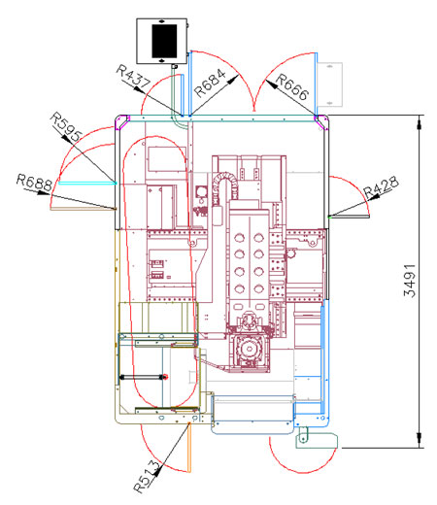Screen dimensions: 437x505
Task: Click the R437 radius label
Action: [133, 76]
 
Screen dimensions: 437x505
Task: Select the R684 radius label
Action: [210, 83]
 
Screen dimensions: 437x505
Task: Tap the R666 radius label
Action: [292, 87]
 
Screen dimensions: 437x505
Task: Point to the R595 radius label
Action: [66, 126]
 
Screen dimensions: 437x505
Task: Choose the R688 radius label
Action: [34, 183]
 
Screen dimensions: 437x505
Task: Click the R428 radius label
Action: [381, 187]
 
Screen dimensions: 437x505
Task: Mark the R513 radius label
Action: [147, 478]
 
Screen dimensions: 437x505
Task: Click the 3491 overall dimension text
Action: [409, 281]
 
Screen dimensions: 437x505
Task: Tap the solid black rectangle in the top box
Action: [164, 41]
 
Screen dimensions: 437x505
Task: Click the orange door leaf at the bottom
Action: [189, 447]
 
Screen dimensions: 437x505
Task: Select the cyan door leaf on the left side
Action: [87, 184]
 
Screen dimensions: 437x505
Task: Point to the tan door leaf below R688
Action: [83, 209]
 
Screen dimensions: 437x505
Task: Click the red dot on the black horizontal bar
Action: [165, 377]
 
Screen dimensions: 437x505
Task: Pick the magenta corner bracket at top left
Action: [122, 122]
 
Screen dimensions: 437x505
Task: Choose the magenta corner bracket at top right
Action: [320, 122]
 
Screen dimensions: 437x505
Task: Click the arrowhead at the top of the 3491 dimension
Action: [420, 123]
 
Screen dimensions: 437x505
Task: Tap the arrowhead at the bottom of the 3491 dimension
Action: [420, 440]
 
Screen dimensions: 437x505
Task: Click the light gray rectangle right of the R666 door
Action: [329, 84]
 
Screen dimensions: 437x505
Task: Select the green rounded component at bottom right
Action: [317, 442]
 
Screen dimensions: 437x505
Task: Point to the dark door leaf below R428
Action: [349, 217]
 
